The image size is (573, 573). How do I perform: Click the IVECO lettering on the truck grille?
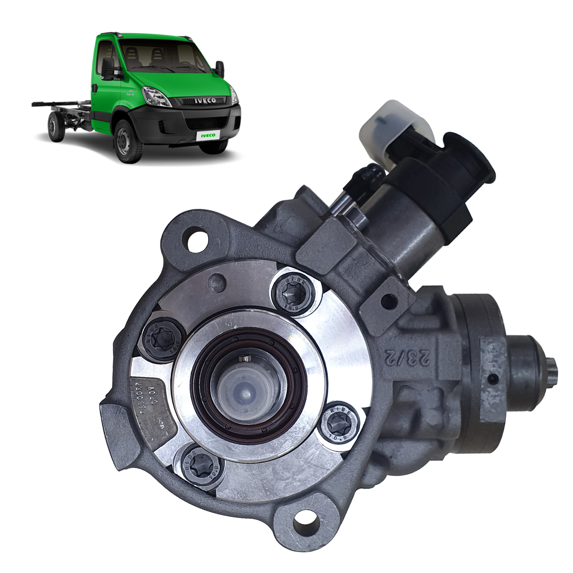204,101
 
